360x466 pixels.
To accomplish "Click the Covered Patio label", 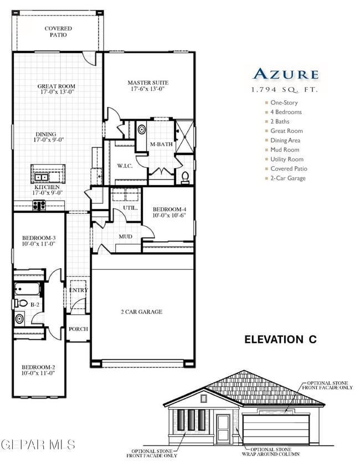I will point(58,32).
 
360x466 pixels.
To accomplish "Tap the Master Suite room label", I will point(148,83).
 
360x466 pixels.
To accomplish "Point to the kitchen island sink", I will point(42,177).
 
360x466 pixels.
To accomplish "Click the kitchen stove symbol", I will point(39,205).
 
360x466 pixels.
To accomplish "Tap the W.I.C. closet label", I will point(124,166).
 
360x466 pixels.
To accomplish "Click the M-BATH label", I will point(162,145).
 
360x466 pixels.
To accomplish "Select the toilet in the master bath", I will point(186,177).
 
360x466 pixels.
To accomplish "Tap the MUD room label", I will point(125,237).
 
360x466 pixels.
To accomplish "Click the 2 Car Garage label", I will point(142,312).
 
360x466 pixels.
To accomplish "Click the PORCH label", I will point(78,329).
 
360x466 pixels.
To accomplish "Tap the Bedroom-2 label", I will point(38,367).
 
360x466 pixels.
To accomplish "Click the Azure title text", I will point(285,74).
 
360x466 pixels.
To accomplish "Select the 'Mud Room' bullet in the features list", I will point(285,150).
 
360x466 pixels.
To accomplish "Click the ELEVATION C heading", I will point(280,340).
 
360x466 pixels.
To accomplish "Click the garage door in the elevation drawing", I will point(276,429).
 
